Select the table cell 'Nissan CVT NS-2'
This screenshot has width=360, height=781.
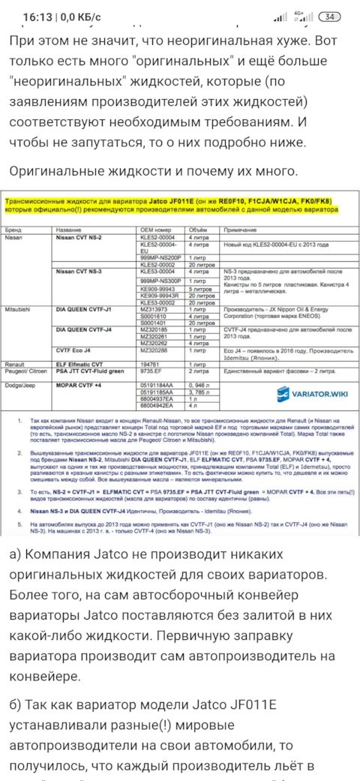pyautogui.click(x=84, y=235)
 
